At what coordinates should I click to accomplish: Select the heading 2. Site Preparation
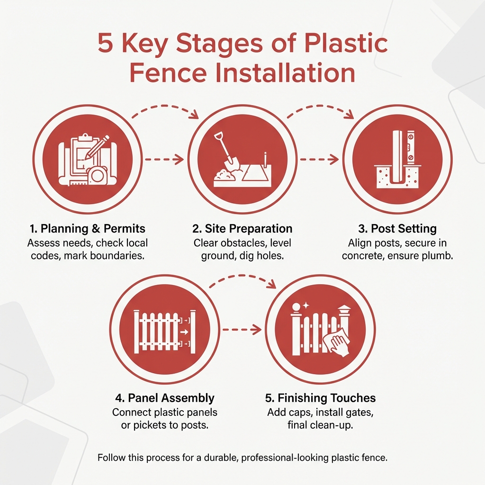(242, 229)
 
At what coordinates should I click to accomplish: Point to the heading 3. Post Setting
(397, 229)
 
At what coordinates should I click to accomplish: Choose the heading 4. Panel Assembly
(165, 398)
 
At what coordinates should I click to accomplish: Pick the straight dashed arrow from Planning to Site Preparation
(163, 160)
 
